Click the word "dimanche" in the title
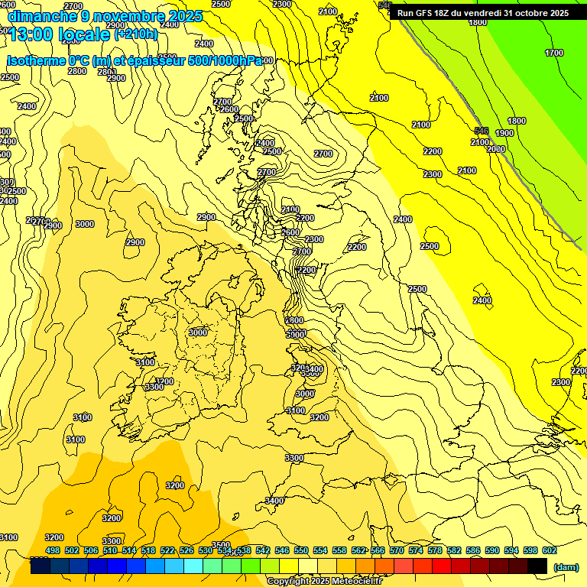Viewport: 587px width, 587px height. pos(41,16)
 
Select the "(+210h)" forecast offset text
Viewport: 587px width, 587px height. pos(136,34)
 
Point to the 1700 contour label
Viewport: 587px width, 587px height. pos(554,53)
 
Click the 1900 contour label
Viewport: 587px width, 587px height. pos(504,133)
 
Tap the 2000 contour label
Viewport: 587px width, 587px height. pos(496,149)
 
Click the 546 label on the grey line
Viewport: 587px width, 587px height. pos(482,131)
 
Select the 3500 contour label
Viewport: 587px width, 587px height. pos(220,545)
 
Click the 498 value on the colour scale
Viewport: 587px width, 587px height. pos(53,550)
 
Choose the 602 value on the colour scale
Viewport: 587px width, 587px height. pos(549,550)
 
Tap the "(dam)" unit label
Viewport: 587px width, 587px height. pos(566,567)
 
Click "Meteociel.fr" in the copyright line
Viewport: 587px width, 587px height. pos(352,582)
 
